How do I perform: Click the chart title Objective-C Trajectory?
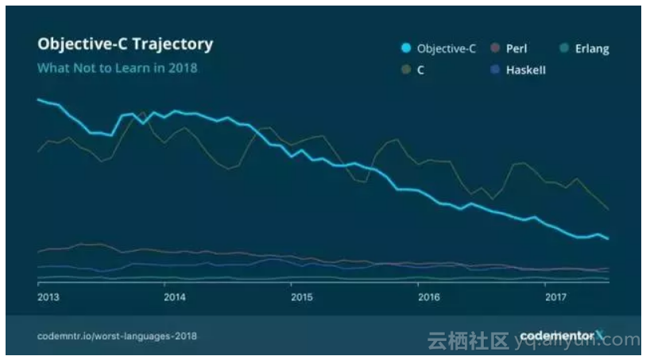pos(125,45)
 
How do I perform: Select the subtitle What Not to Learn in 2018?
pos(117,68)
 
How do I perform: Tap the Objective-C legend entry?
pos(444,48)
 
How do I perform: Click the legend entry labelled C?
pos(420,70)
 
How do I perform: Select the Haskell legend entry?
pos(525,70)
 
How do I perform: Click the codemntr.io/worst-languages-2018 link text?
pos(117,336)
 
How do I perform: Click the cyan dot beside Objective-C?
pos(405,48)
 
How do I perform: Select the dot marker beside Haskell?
pos(494,70)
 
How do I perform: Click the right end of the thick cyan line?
pos(608,238)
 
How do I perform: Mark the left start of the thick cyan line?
pos(38,99)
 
